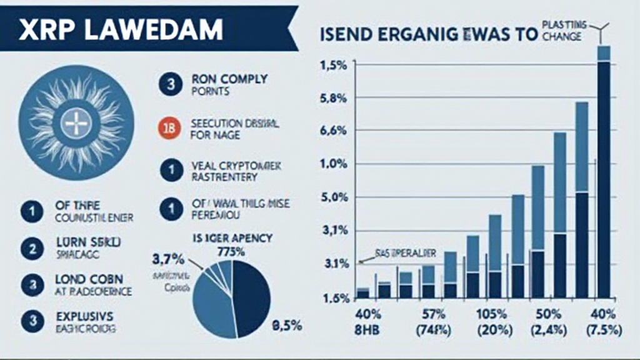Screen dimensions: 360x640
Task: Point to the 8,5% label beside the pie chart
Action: pos(288,325)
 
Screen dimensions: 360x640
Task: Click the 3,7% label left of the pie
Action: pos(168,257)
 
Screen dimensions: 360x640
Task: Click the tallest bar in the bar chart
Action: pos(603,175)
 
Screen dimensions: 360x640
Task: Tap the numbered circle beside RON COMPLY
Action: pos(170,85)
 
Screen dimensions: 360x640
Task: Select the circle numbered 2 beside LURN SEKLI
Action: pos(29,249)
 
